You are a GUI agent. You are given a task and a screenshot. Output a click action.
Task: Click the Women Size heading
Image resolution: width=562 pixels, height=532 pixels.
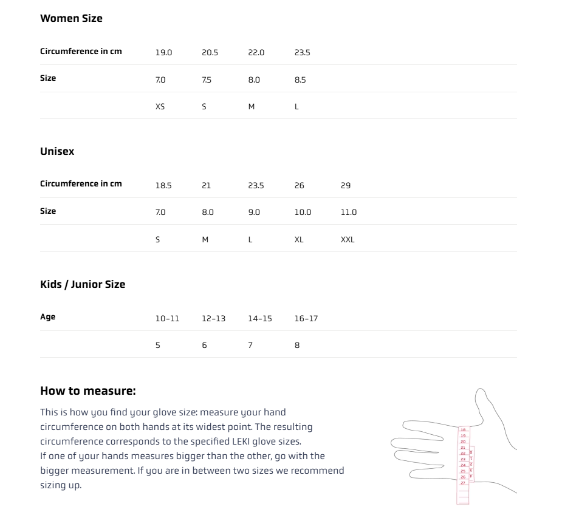click(x=71, y=18)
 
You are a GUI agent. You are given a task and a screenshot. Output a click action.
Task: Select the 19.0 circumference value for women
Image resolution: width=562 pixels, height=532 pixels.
click(x=163, y=53)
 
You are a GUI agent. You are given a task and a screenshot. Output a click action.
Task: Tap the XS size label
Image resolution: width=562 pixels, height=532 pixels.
click(x=160, y=106)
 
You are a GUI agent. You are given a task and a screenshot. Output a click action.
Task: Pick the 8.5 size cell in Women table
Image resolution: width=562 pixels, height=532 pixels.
click(x=300, y=80)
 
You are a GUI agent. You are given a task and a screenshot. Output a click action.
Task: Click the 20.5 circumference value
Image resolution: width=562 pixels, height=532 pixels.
click(x=210, y=53)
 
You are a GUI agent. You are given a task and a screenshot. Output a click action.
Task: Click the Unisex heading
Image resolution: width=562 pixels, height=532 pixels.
click(x=57, y=151)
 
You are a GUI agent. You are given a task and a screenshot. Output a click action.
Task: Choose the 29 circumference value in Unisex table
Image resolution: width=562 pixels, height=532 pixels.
click(x=346, y=185)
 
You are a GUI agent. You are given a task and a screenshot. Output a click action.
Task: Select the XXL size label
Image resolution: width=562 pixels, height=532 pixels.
click(x=348, y=239)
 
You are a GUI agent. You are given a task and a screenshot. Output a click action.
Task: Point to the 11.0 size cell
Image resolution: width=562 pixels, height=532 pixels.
click(x=349, y=212)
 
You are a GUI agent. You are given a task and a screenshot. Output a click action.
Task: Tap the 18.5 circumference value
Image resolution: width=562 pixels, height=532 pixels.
click(x=163, y=185)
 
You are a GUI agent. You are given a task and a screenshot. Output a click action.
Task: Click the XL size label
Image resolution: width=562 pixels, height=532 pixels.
click(x=299, y=239)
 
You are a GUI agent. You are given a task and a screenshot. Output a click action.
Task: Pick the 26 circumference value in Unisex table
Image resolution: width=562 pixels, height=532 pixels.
click(x=299, y=185)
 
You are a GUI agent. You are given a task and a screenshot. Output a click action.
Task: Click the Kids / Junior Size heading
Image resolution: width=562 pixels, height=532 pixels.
click(x=83, y=284)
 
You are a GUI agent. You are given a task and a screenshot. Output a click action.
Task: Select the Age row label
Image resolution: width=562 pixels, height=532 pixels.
click(x=47, y=316)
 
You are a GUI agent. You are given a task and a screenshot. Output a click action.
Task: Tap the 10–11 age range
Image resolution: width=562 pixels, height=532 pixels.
click(x=167, y=318)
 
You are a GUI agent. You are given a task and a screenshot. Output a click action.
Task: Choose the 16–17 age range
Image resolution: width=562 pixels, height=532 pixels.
click(x=306, y=318)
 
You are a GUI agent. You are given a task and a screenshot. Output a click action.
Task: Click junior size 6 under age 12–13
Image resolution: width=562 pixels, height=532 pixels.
click(x=204, y=345)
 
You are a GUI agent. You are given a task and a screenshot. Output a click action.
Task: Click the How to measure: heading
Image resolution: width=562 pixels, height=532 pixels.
click(x=87, y=390)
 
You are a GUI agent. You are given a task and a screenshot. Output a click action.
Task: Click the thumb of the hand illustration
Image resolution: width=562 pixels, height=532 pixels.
click(x=486, y=404)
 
